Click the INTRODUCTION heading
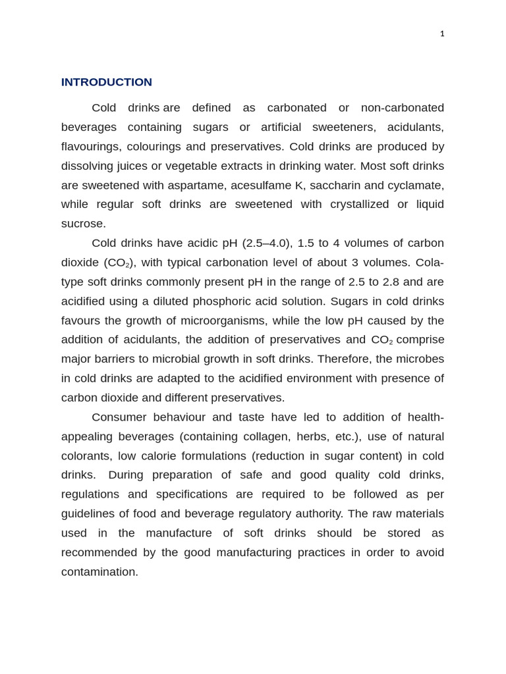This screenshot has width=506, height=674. [107, 82]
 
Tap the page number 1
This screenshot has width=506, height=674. [442, 34]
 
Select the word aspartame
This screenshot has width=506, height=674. [194, 185]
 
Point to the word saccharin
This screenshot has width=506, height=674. [335, 185]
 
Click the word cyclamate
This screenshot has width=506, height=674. [416, 185]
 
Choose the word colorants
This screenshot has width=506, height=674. [86, 456]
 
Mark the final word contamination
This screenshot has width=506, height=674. [99, 572]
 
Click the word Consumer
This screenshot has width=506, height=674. [119, 417]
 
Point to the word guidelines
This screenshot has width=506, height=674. [87, 514]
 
